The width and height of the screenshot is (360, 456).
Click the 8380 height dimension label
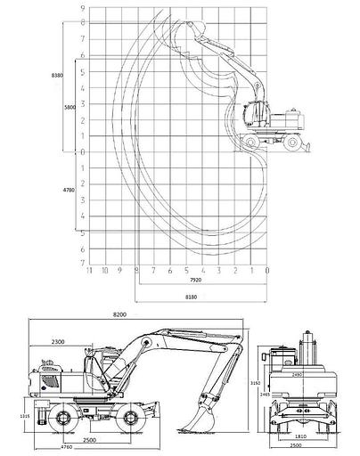pos(57,77)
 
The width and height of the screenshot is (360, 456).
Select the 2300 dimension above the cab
pos(62,342)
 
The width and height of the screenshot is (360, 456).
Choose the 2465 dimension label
pos(265,393)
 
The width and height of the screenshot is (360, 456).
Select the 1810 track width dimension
pos(302,436)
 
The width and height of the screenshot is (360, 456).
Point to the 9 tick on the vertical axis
pos(82,8)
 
